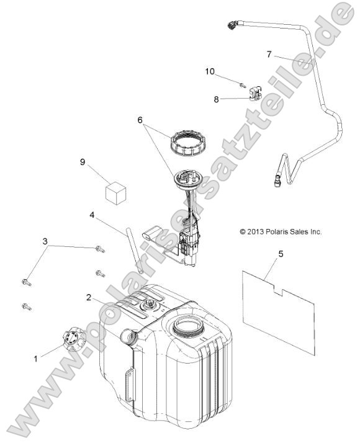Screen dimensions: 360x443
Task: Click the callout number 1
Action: point(35,359)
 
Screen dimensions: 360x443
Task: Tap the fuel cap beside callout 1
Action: point(74,339)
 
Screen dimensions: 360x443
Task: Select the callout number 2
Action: point(89,297)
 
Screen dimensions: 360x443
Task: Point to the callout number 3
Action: point(45,241)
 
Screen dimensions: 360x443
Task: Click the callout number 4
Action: point(92,215)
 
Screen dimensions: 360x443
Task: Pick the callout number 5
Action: point(281,254)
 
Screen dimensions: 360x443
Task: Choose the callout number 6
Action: point(140,120)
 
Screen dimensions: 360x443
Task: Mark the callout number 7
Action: point(269,54)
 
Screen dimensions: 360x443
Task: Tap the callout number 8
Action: point(217,99)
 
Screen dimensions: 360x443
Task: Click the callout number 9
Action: point(83,162)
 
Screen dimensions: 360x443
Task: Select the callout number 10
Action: point(210,71)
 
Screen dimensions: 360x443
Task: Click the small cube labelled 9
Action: point(115,193)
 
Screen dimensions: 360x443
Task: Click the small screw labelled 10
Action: point(243,85)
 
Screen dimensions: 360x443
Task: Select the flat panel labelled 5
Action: point(279,312)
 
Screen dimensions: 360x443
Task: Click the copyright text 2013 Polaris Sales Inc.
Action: point(281,231)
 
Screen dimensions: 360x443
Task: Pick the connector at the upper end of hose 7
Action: point(233,25)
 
